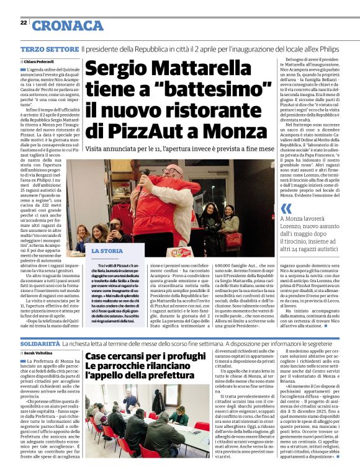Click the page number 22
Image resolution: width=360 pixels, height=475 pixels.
tap(23, 22)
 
